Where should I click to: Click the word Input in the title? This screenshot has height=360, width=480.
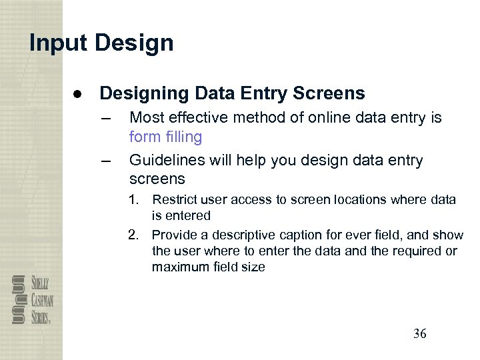tap(58, 43)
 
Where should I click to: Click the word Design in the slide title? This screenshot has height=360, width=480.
tap(134, 43)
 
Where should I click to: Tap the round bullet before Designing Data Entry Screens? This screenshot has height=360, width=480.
tap(77, 93)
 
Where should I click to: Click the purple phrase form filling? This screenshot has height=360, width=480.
tap(165, 137)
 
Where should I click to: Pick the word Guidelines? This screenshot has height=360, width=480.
tap(167, 161)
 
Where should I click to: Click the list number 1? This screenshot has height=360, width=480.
tap(135, 199)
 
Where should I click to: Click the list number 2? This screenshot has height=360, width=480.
tap(135, 235)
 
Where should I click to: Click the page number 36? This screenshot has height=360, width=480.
tap(419, 334)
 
